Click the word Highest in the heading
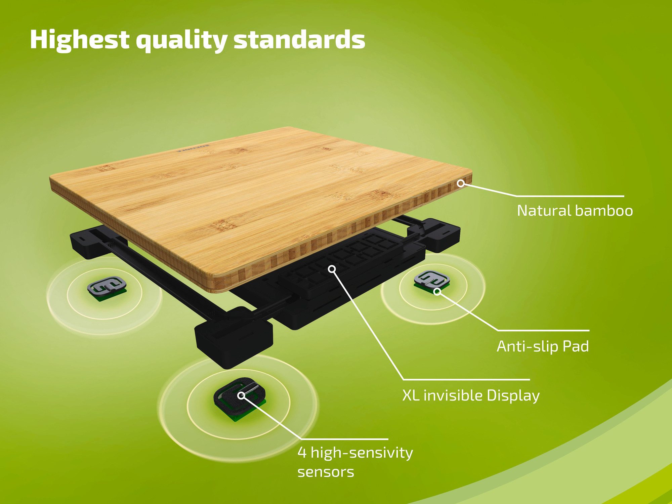(x=79, y=40)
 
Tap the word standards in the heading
(x=299, y=40)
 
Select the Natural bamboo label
(x=575, y=211)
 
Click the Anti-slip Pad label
(x=543, y=346)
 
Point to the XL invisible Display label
(x=471, y=395)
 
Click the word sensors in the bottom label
(x=326, y=472)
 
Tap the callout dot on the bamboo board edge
(x=461, y=183)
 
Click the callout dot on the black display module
(x=332, y=269)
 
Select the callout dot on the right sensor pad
(x=437, y=291)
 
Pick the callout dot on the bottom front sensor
(x=241, y=395)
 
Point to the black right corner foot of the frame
(x=440, y=234)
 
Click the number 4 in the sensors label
(x=302, y=453)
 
